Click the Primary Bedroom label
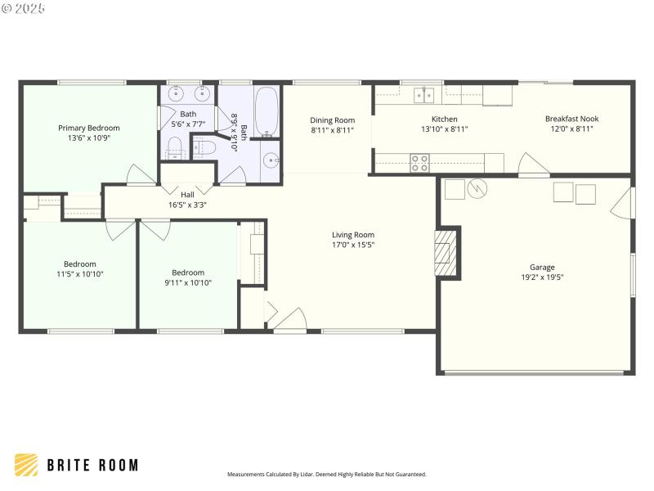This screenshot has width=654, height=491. tap(88, 128)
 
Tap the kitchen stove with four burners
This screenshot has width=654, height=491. tap(419, 163)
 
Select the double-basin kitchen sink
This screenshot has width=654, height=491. tap(423, 96)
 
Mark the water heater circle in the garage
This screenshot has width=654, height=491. tap(477, 190)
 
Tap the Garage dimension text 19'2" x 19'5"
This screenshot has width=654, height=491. tap(542, 277)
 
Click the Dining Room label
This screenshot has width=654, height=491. tap(333, 120)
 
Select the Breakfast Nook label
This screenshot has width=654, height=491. tap(571, 119)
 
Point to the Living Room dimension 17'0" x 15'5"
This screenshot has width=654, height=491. tap(353, 245)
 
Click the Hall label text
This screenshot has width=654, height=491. tap(187, 194)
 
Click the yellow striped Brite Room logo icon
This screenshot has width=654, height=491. tap(26, 465)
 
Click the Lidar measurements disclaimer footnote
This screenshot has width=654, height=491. tap(326, 475)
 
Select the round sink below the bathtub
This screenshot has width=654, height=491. tap(271, 160)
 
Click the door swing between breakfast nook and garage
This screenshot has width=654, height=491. tap(532, 169)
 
